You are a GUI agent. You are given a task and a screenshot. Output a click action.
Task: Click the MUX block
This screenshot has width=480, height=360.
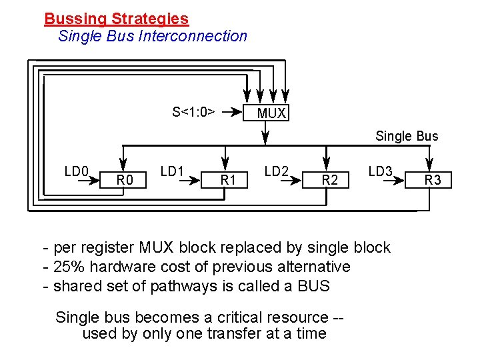(x=271, y=113)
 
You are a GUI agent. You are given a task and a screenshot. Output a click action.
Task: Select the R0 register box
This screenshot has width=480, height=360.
(x=125, y=179)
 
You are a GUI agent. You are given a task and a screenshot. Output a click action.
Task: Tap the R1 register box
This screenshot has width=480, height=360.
(x=229, y=179)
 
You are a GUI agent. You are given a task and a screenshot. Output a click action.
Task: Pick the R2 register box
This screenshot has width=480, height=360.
(x=330, y=179)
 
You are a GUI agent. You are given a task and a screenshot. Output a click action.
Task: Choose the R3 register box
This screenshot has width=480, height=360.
(x=433, y=179)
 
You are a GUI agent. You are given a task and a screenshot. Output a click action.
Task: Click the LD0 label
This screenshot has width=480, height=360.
(x=77, y=171)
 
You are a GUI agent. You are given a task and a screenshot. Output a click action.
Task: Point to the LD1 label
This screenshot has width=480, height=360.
(x=172, y=171)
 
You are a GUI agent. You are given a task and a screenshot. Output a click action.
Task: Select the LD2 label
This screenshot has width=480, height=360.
(x=276, y=171)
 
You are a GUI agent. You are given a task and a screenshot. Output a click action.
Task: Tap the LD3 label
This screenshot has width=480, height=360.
(x=380, y=171)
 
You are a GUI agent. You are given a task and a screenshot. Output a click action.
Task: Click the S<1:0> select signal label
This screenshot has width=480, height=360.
(x=193, y=111)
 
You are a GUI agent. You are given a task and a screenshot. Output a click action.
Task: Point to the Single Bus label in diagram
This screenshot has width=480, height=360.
(x=407, y=136)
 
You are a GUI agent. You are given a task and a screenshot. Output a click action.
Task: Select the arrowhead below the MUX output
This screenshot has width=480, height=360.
(x=265, y=139)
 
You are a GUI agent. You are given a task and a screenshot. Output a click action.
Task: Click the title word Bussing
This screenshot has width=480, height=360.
(x=74, y=19)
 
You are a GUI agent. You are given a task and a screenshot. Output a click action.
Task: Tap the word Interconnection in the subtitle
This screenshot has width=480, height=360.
(x=193, y=36)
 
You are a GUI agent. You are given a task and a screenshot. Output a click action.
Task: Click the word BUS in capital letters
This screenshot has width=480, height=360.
(x=312, y=286)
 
